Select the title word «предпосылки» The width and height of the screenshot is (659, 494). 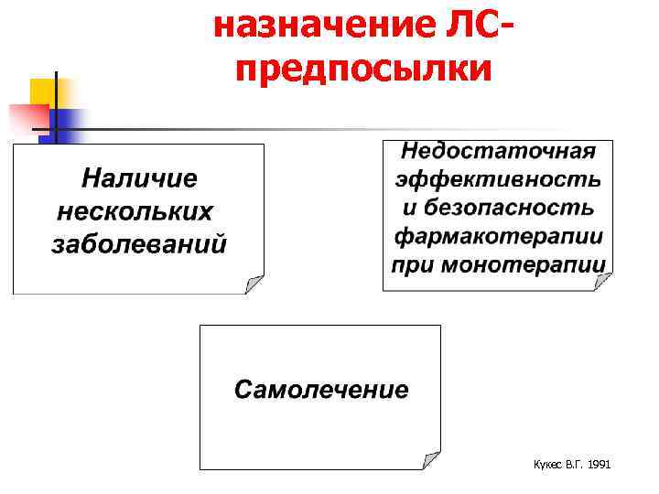pos(363,69)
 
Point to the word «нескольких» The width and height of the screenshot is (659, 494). pos(135,211)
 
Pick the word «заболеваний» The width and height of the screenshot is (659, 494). pos(138,245)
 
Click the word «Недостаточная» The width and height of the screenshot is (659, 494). pos(498,151)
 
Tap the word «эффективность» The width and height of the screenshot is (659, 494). pos(498,178)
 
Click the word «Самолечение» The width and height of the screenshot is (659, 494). pos(320,390)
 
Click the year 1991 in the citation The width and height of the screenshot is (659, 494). pos(599,465)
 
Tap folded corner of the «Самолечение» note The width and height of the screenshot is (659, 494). pos(431,460)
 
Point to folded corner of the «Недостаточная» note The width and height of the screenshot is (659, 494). pos(604,282)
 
